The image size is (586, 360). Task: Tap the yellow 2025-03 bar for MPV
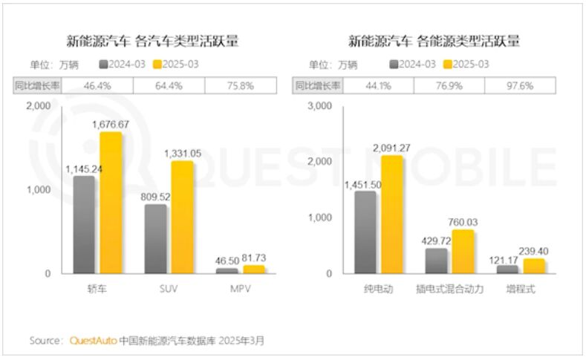(x=253, y=269)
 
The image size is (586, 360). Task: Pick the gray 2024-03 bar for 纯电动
(x=365, y=232)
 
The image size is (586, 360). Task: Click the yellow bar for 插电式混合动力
(x=462, y=252)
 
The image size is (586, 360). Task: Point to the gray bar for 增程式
(x=507, y=269)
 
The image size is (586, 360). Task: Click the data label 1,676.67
(x=111, y=125)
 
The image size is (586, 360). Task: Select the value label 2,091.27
(x=392, y=148)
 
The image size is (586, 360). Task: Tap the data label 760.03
(x=464, y=222)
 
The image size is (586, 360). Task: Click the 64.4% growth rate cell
(x=169, y=85)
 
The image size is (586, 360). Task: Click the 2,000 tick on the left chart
(x=38, y=106)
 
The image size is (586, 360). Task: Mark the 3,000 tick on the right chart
(x=319, y=106)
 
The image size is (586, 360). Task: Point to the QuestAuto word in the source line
(x=92, y=341)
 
